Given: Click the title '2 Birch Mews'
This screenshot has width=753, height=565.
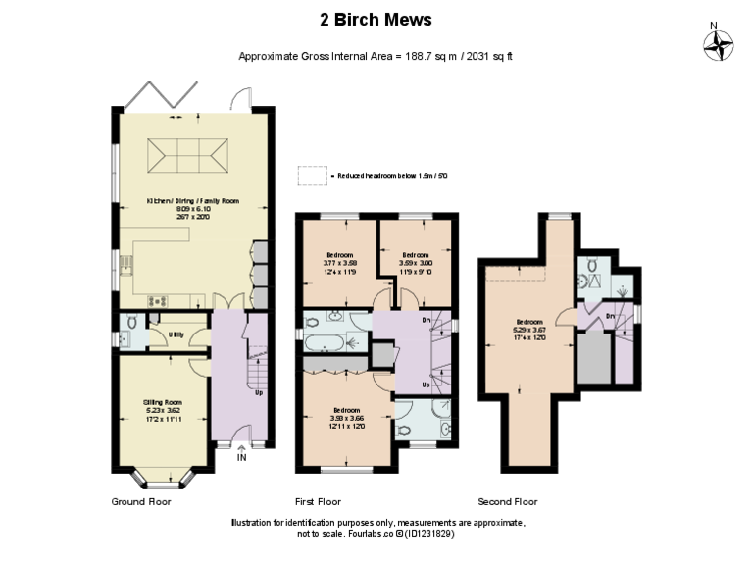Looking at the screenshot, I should [376, 20].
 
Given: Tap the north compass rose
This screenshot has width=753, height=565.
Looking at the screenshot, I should [719, 44].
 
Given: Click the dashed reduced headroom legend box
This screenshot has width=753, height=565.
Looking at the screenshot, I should [314, 175].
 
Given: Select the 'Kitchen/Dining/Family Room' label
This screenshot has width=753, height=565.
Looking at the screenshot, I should [192, 201].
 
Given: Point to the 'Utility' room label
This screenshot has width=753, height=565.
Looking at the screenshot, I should [176, 334].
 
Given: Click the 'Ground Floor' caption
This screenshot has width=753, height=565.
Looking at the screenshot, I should [141, 501].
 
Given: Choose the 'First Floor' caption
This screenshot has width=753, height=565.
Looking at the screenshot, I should [320, 501].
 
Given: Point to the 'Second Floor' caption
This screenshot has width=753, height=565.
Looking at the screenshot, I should [507, 501].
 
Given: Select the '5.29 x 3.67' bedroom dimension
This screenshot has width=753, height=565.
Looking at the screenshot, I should [530, 329].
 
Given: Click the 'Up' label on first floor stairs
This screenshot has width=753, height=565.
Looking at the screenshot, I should [427, 385].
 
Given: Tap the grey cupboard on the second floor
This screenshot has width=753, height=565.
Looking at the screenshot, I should [591, 357].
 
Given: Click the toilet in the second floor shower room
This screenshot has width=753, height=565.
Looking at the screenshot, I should [591, 278].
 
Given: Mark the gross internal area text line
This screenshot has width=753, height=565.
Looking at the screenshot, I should [376, 56].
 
